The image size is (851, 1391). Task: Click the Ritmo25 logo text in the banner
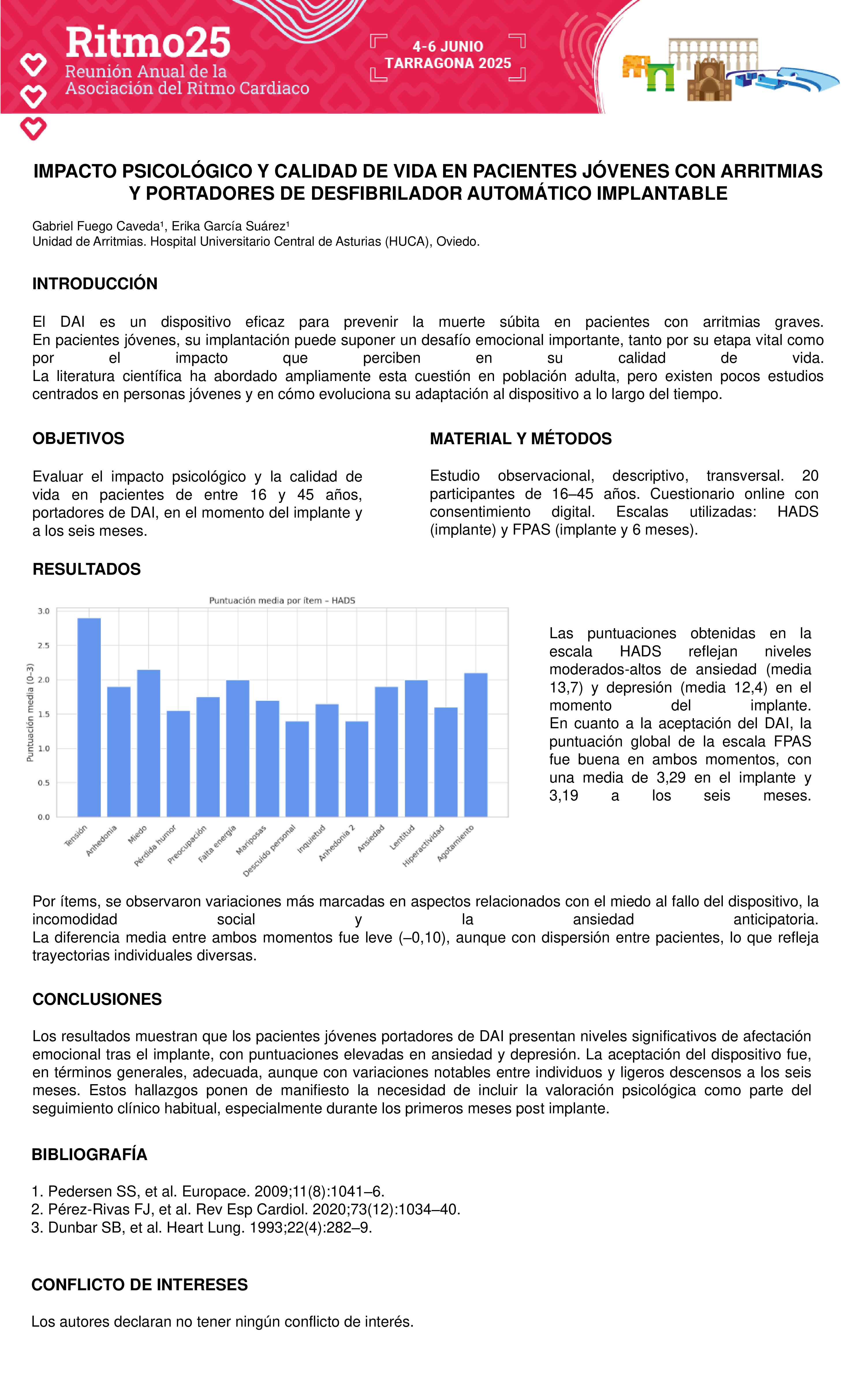(148, 43)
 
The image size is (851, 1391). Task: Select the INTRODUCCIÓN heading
(95, 283)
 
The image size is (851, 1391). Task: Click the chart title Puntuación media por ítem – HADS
(282, 600)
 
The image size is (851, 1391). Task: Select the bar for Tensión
(89, 717)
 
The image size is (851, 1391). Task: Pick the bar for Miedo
(148, 743)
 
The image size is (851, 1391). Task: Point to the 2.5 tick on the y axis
(44, 645)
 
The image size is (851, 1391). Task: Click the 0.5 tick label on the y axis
(44, 783)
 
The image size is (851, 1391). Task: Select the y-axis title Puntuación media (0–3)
(31, 712)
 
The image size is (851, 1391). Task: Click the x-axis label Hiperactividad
(423, 845)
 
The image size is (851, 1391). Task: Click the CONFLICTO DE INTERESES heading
(139, 1284)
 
